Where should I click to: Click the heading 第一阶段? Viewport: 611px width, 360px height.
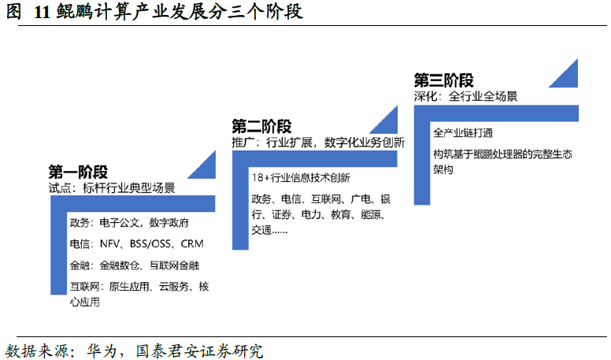tap(78, 172)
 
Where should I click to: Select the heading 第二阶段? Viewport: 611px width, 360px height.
tap(261, 126)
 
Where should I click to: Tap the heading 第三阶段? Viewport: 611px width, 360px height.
tap(443, 80)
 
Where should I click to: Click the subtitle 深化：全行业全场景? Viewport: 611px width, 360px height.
tap(465, 97)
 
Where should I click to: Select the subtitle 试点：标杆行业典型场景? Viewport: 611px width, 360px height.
tap(111, 189)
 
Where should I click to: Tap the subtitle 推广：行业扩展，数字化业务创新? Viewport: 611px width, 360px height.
tap(318, 143)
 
